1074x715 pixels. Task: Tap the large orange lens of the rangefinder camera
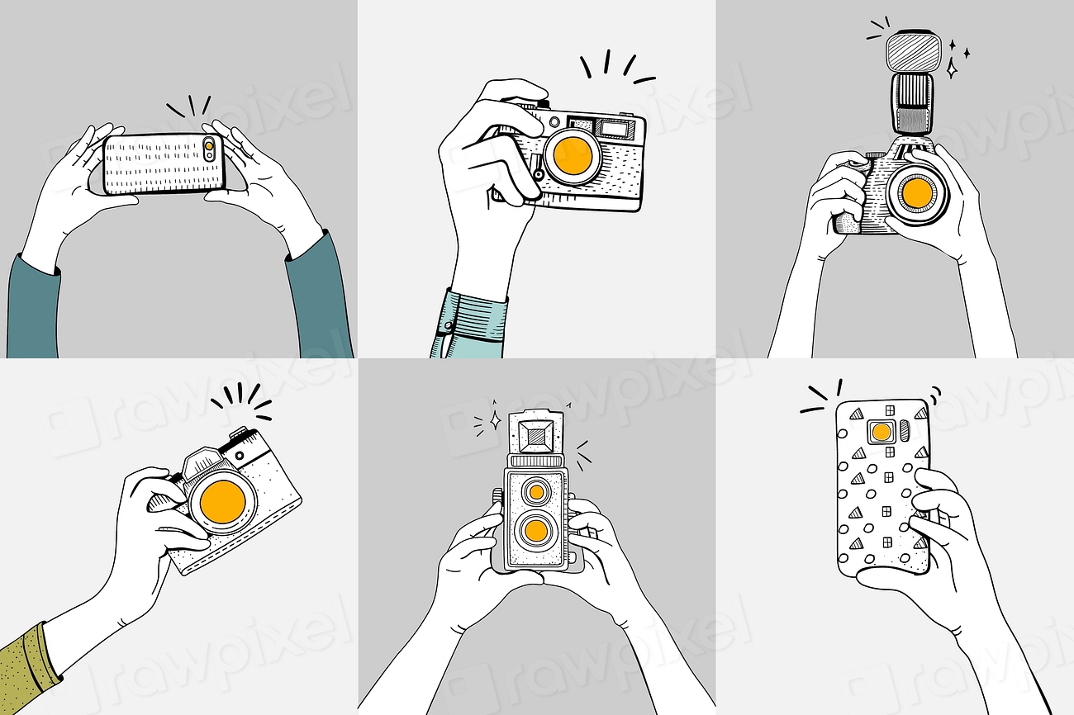point(572,155)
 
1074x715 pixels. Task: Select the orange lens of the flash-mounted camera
point(916,192)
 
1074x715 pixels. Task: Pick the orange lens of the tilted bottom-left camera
point(223,502)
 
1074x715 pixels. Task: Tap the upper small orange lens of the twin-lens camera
point(536,492)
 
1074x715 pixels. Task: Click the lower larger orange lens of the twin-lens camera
point(536,529)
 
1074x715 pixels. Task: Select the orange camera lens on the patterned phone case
point(882,432)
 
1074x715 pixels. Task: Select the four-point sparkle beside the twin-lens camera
point(495,421)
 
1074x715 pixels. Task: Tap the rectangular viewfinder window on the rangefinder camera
point(613,128)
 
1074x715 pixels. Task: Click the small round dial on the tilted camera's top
point(240,455)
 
